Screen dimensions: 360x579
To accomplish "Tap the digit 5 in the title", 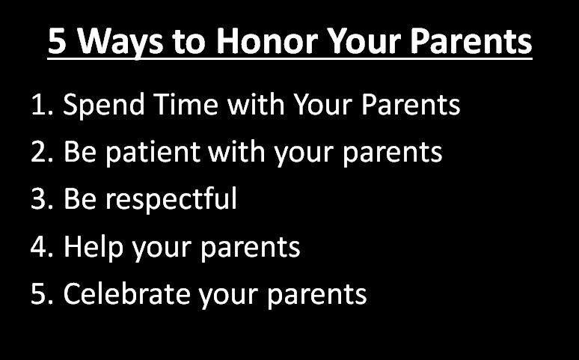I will click(57, 42).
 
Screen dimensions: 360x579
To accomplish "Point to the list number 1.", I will click(41, 106).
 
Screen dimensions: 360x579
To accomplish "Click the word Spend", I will click(102, 106).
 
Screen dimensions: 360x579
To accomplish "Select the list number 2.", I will click(41, 153).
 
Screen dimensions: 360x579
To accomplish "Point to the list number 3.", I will click(41, 200).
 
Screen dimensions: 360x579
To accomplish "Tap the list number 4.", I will click(41, 247).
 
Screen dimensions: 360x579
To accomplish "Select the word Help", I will click(93, 247).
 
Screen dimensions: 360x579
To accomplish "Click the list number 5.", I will click(41, 294).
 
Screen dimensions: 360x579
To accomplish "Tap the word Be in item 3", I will click(79, 200).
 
